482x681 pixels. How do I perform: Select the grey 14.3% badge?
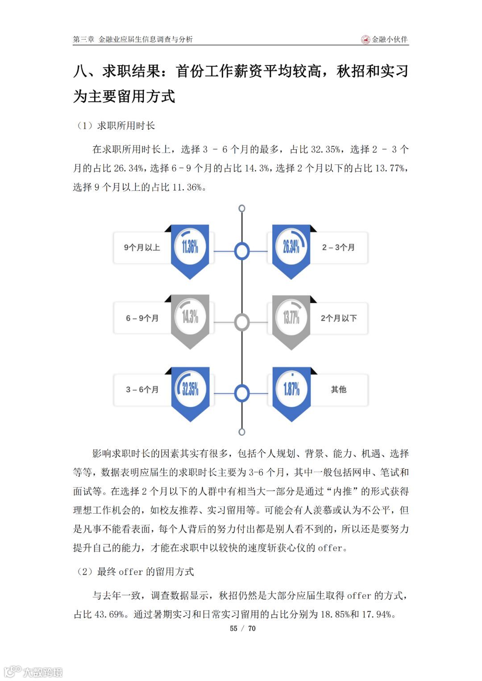tap(190, 317)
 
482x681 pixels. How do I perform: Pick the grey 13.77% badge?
tap(291, 318)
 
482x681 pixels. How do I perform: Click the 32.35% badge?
tap(190, 389)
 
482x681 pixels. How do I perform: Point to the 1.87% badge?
tap(291, 389)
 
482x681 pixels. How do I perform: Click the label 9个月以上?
tap(142, 248)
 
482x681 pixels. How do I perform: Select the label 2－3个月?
tap(338, 248)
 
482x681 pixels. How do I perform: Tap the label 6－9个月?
tap(142, 318)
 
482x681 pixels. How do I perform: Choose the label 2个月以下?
tap(338, 318)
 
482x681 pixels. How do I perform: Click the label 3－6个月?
tap(142, 390)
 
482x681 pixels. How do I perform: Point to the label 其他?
tap(338, 390)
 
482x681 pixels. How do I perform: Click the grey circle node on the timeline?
tap(242, 322)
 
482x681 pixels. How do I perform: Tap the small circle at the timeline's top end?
tap(242, 208)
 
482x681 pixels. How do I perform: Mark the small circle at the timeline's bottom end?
tap(242, 432)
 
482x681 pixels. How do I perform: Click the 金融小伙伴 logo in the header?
tap(385, 40)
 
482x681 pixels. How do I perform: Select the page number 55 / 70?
tap(242, 628)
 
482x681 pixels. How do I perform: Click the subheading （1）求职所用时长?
tap(116, 126)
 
